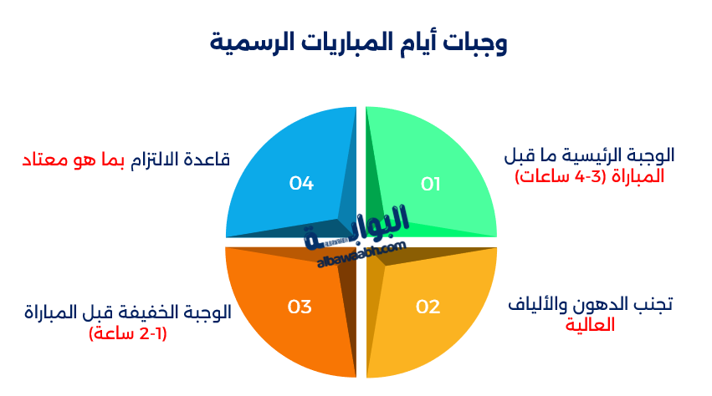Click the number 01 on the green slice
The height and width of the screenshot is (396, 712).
click(x=430, y=184)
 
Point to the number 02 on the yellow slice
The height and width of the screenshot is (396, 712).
click(x=428, y=307)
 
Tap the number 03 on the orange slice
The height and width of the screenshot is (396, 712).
click(x=300, y=307)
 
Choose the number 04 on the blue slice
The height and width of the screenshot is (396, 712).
click(x=301, y=183)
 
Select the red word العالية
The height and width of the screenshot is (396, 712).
click(x=590, y=325)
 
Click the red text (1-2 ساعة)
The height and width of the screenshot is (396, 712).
click(x=128, y=334)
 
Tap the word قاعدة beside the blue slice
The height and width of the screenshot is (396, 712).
click(x=207, y=160)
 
